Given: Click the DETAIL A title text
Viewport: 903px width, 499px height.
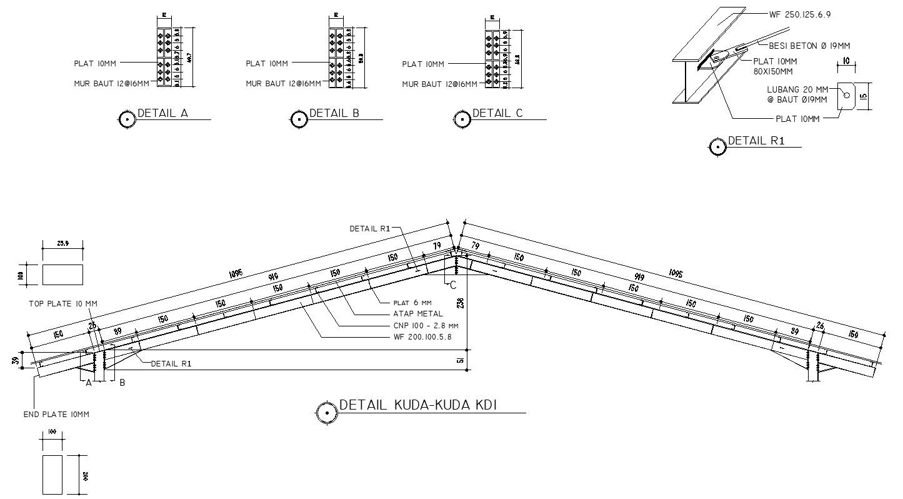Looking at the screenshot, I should [162, 113].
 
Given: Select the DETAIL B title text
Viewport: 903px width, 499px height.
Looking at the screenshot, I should [334, 113].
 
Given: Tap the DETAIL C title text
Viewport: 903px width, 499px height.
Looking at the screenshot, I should [497, 113].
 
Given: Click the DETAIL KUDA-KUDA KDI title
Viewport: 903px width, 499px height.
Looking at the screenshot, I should [417, 405].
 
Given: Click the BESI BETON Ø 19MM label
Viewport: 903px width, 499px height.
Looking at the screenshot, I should [809, 46].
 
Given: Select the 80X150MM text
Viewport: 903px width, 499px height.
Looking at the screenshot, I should [776, 71].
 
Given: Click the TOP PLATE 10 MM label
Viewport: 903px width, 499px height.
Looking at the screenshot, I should [63, 304].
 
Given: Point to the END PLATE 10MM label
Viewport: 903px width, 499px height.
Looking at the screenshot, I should [56, 415].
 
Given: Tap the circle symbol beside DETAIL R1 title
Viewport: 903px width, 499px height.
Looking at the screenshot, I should [717, 147].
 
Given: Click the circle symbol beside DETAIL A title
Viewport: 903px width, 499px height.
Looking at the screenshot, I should [127, 119].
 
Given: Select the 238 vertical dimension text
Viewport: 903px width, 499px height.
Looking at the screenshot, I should [461, 304].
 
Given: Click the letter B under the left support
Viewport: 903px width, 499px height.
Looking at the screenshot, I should [122, 383].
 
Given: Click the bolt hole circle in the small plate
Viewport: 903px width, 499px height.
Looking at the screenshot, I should [846, 95].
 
